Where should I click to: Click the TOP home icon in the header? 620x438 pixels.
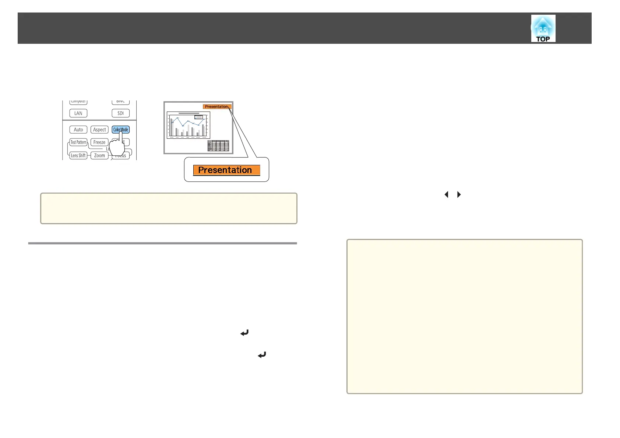tap(543, 28)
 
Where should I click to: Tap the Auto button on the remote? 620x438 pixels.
tap(78, 130)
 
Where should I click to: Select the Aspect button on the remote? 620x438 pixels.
tap(99, 130)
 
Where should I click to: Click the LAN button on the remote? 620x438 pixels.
tap(78, 113)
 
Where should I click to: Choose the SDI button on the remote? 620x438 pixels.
tap(120, 113)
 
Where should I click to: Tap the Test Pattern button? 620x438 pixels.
tap(78, 142)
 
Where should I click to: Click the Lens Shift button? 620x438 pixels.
tap(78, 155)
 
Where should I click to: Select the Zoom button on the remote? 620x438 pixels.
tap(99, 155)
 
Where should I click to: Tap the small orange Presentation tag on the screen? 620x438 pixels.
tap(216, 107)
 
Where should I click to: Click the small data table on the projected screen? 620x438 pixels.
tap(218, 146)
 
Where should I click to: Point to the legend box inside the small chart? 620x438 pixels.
tap(198, 117)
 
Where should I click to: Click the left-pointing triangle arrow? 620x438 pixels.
tap(446, 194)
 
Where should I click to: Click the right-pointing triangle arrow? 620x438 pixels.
tap(459, 194)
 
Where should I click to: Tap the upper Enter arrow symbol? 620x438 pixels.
tap(244, 333)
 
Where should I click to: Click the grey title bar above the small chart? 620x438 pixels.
tap(189, 113)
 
